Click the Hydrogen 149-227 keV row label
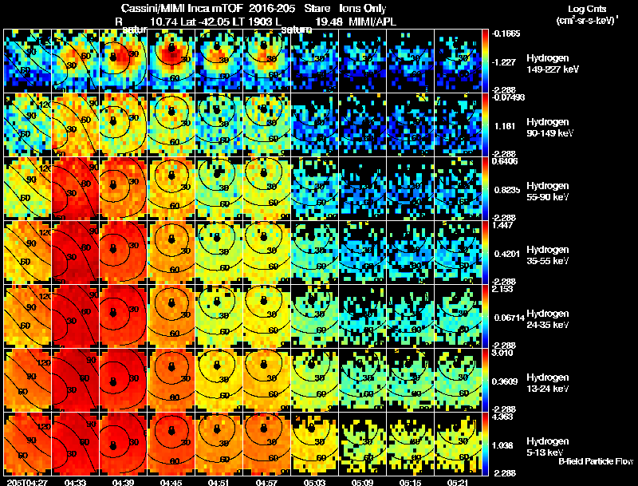pos(546,64)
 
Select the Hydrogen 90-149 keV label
pos(546,127)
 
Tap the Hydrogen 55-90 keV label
pos(546,191)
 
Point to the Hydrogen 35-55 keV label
pos(546,255)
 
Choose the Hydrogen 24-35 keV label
pos(546,318)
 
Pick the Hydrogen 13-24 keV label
pos(546,382)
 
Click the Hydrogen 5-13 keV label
pos(546,446)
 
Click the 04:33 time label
pos(76,481)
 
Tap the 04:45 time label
pos(171,481)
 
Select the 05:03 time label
pos(315,481)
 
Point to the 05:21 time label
pos(459,481)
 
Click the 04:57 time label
pos(267,481)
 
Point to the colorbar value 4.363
pos(503,417)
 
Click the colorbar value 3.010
pos(503,353)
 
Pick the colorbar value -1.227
pos(503,61)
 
